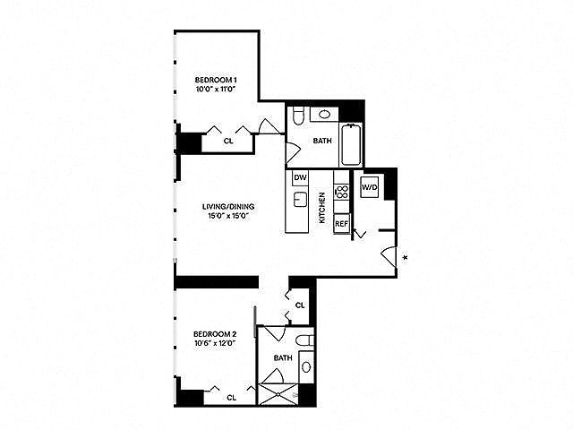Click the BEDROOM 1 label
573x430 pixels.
point(215,80)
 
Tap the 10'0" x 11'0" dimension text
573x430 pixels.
point(215,90)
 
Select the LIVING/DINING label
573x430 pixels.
point(222,205)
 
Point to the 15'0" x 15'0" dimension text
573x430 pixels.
point(222,215)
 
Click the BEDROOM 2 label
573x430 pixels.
point(215,336)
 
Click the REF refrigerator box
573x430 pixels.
point(341,224)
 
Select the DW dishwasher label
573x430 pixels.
point(300,177)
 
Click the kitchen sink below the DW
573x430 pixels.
point(301,198)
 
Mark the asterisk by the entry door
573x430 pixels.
point(406,259)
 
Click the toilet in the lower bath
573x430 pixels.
point(304,341)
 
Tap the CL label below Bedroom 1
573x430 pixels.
point(228,140)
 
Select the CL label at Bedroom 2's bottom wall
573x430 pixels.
point(232,396)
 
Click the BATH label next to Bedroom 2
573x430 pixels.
point(283,357)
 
